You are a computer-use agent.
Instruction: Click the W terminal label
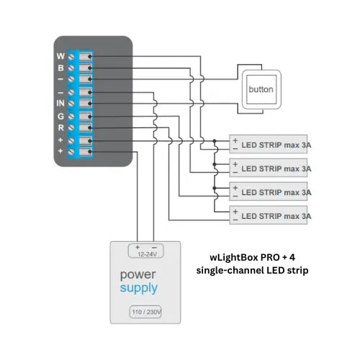coord(60,55)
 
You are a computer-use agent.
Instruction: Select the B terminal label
coord(60,68)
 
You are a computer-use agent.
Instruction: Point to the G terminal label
coord(60,117)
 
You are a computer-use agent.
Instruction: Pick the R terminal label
coord(60,128)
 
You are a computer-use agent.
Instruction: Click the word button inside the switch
coord(260,90)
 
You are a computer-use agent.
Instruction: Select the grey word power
coord(138,274)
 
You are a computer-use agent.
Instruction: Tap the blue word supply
coord(139,289)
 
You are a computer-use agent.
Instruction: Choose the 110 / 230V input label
coord(145,312)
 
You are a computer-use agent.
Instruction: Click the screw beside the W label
coord(72,55)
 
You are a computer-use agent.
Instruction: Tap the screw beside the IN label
coord(72,104)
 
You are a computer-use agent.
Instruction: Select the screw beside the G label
coord(72,117)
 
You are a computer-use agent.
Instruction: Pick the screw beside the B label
coord(72,68)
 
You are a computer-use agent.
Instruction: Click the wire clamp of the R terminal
coord(86,128)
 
